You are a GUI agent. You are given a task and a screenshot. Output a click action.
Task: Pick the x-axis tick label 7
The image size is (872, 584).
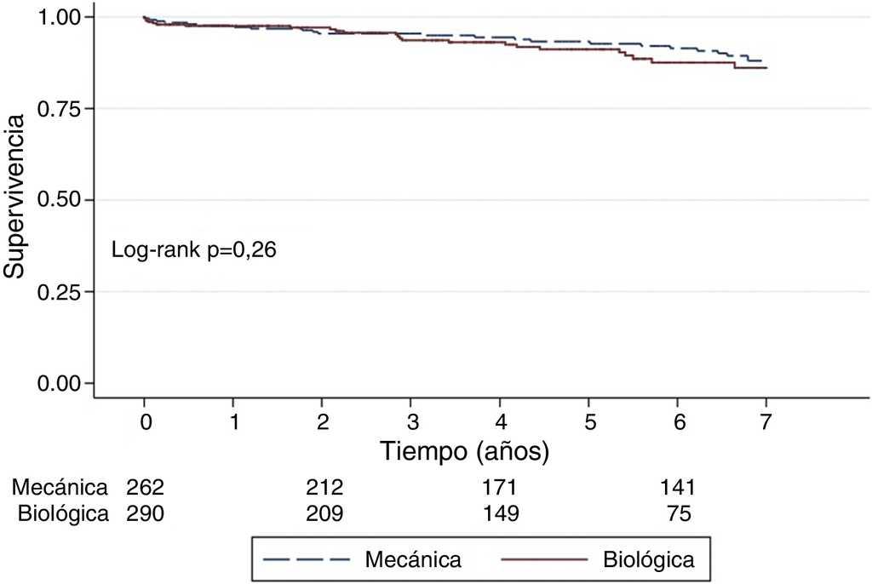766,421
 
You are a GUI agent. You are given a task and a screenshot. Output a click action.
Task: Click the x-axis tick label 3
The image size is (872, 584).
411,421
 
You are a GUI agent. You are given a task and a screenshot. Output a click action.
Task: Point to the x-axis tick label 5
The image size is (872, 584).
588,421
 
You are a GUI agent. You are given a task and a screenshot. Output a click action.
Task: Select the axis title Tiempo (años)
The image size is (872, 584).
464,451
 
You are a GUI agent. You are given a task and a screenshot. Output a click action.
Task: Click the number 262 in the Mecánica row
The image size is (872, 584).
145,488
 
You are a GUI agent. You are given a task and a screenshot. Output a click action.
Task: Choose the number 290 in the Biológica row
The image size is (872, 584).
145,514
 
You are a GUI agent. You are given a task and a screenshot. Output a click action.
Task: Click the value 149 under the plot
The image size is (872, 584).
500,514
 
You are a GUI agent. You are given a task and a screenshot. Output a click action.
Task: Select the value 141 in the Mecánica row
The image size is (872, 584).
678,488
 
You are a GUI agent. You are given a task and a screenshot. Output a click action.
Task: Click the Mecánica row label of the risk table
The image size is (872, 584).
60,488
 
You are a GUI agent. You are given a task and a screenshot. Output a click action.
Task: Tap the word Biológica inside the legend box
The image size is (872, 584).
648,559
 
